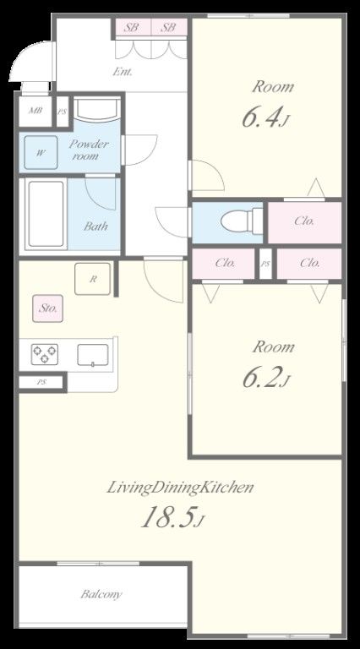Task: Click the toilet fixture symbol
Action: pyautogui.click(x=242, y=221)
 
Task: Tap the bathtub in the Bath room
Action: pyautogui.click(x=46, y=214)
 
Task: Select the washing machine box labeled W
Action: pyautogui.click(x=41, y=152)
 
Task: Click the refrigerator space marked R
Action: pyautogui.click(x=93, y=279)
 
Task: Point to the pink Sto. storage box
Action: pyautogui.click(x=48, y=308)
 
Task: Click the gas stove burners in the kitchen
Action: pyautogui.click(x=44, y=354)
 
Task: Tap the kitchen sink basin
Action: pyautogui.click(x=93, y=355)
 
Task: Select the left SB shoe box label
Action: pyautogui.click(x=131, y=28)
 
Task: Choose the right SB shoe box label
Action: pyautogui.click(x=168, y=28)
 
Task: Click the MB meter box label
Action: pyautogui.click(x=35, y=111)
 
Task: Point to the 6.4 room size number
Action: pyautogui.click(x=260, y=117)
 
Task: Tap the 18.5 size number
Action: pyautogui.click(x=167, y=517)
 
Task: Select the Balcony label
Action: pyautogui.click(x=101, y=594)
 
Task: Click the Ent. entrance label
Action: pyautogui.click(x=123, y=72)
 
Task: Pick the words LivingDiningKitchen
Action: pyautogui.click(x=180, y=487)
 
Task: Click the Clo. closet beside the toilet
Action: pyautogui.click(x=305, y=221)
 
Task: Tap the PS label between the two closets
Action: pyautogui.click(x=265, y=263)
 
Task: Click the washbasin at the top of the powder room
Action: pyautogui.click(x=98, y=110)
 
